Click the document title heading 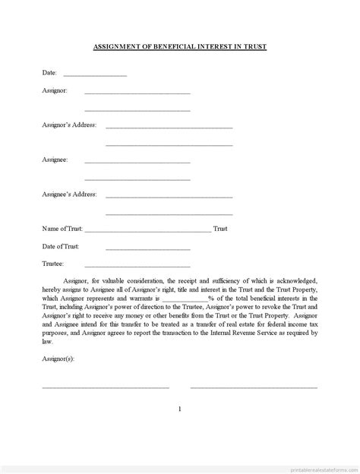[x=180, y=47]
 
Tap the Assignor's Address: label [x=69, y=125]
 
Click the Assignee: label [x=55, y=160]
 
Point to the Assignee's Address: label [x=69, y=194]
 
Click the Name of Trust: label [x=63, y=229]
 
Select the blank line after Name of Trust [x=148, y=230]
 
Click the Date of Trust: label [x=61, y=246]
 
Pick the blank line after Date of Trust [x=147, y=248]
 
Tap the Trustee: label [x=53, y=264]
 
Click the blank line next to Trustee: [x=147, y=266]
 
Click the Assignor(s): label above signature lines [x=58, y=357]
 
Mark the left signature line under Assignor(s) [x=105, y=387]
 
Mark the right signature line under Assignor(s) [x=254, y=387]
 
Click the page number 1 [x=180, y=409]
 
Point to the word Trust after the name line [x=220, y=229]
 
